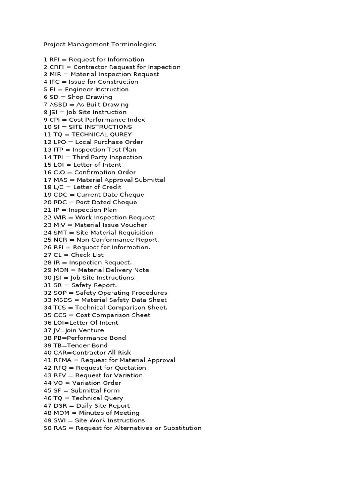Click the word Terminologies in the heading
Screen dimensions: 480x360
(x=135, y=45)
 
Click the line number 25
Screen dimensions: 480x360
(x=47, y=240)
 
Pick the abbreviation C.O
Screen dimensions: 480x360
(x=60, y=172)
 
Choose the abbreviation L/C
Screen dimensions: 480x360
(x=60, y=187)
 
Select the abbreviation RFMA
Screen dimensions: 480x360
(x=63, y=360)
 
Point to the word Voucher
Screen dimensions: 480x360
(x=133, y=225)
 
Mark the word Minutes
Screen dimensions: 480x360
(x=93, y=413)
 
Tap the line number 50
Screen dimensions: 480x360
(x=47, y=428)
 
